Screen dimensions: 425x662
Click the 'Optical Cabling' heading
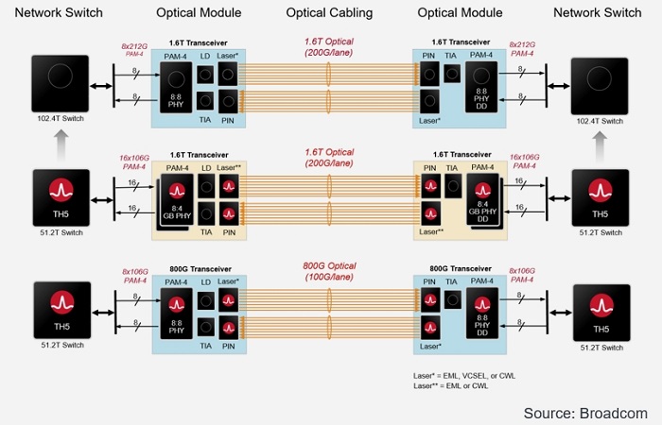point(329,13)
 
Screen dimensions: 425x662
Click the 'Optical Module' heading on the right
point(461,13)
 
